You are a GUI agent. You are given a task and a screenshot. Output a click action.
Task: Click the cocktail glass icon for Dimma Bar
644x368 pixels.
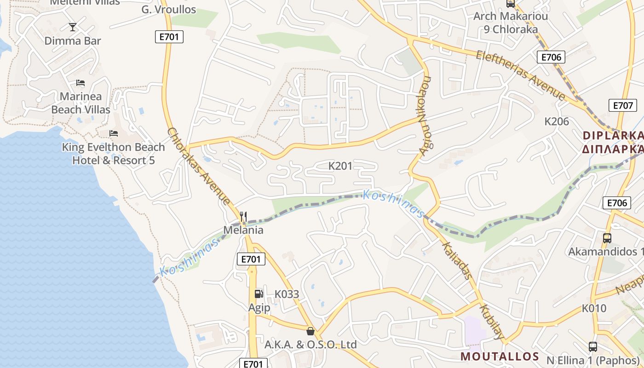[x=72, y=27]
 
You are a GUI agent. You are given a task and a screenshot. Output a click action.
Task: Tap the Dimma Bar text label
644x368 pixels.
[x=73, y=40]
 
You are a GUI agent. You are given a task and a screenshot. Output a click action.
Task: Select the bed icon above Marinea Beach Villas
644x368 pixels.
[x=80, y=83]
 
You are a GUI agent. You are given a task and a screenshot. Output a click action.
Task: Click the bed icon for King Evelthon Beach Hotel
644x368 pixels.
[x=114, y=134]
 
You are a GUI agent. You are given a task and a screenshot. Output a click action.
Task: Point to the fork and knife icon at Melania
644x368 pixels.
[x=243, y=216]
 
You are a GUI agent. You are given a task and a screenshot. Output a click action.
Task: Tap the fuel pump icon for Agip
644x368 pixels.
[x=259, y=293]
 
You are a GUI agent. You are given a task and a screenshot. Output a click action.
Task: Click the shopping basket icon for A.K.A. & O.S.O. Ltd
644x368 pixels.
[x=310, y=331]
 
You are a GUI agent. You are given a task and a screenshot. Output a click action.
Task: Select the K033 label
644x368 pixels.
[x=287, y=294]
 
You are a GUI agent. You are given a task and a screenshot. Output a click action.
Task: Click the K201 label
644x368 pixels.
[x=340, y=166]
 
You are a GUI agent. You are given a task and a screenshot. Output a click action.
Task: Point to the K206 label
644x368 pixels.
[x=557, y=121]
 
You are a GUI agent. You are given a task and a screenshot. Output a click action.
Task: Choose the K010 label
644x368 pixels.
[x=594, y=308]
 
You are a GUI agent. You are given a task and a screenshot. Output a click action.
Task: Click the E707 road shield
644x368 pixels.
[x=623, y=105]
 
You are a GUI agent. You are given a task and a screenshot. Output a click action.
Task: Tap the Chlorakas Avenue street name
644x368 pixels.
[x=199, y=166]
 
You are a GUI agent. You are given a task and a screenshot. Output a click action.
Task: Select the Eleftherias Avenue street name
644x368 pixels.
[x=520, y=75]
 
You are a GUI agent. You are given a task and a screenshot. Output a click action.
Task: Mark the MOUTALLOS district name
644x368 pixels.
[x=500, y=356]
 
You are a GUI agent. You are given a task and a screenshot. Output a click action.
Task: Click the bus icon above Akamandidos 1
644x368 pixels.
[x=607, y=238]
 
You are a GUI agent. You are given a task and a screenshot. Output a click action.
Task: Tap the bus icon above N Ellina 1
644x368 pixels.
[x=593, y=347]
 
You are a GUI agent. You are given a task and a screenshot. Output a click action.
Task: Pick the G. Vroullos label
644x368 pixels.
[x=168, y=9]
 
